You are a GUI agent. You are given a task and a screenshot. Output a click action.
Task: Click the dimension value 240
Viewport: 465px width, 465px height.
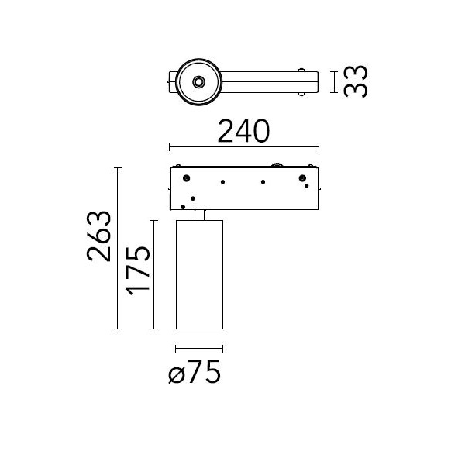point(243,131)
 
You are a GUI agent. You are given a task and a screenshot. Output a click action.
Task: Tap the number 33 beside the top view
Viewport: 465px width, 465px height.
point(356,81)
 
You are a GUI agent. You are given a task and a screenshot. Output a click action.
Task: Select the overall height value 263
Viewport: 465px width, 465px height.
point(99,236)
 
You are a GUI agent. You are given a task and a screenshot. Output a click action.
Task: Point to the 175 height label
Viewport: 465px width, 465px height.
point(138,271)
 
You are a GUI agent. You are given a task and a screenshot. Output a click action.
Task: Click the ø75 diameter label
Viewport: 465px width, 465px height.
point(195,371)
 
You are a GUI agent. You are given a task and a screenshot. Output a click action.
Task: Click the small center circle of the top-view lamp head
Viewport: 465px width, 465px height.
point(198,82)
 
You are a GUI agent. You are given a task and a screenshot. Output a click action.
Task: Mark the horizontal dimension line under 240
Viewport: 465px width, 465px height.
point(244,146)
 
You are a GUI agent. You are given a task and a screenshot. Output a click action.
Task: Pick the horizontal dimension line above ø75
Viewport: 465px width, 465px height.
point(199,349)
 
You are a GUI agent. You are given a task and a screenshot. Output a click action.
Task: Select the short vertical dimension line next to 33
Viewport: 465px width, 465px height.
point(334,82)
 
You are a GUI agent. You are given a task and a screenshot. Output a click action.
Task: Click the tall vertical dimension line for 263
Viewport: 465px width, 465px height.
point(118,249)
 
